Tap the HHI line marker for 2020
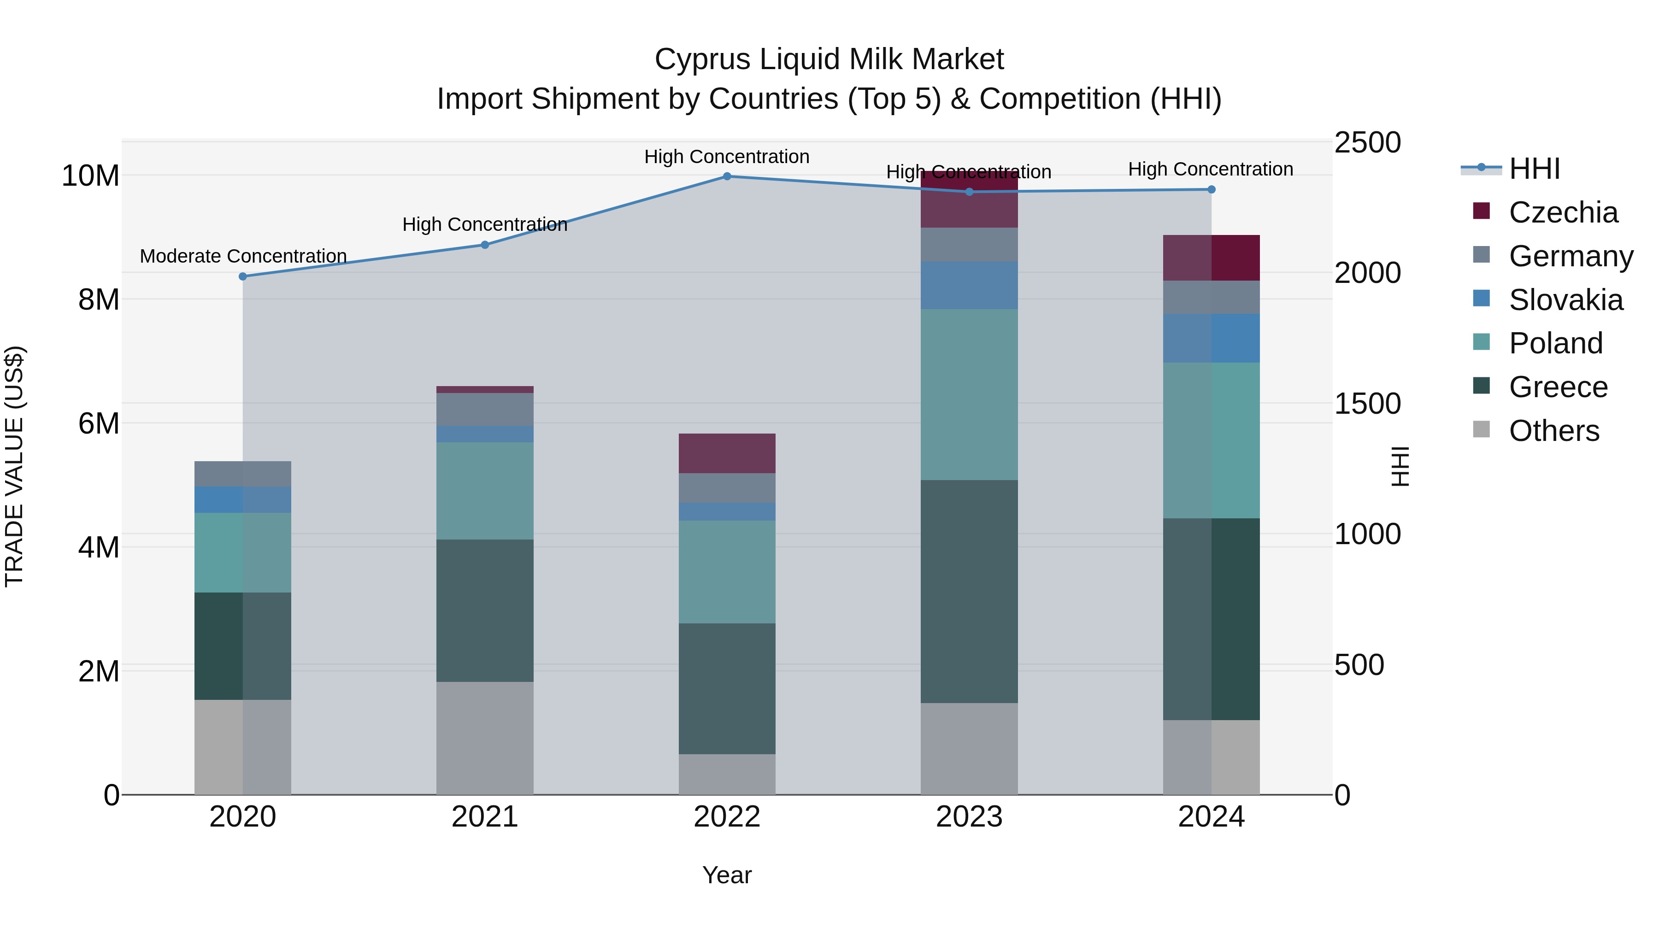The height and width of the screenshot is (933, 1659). [243, 276]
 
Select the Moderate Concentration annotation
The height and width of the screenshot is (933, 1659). [243, 256]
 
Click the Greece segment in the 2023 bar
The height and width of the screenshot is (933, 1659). [969, 591]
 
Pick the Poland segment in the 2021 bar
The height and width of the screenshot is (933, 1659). [484, 491]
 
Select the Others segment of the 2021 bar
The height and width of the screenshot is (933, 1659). [484, 738]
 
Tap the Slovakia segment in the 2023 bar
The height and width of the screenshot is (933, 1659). [969, 285]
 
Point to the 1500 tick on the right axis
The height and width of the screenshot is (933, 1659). [1367, 404]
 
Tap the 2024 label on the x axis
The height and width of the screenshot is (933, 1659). [1211, 817]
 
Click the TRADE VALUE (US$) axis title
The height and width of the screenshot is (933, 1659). [14, 466]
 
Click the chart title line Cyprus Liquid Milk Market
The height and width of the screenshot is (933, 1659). [829, 59]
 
